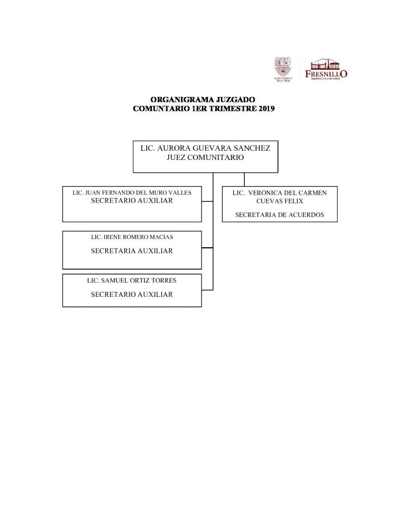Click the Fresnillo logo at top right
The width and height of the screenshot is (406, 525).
326,70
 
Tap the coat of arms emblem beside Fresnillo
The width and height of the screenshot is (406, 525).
284,69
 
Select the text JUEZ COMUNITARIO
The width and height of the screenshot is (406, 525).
205,158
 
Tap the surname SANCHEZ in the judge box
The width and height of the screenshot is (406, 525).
252,148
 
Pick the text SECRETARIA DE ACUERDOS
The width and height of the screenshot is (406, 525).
279,215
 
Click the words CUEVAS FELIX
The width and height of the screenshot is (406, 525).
280,201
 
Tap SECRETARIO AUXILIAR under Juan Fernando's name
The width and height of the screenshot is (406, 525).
132,201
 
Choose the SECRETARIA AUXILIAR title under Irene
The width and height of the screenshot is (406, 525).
132,251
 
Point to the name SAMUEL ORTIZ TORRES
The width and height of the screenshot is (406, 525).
132,281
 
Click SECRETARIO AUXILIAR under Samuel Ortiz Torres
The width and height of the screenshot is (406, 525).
132,294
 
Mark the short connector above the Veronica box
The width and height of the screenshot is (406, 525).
244,179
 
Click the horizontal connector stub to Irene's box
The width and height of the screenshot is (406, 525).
207,249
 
